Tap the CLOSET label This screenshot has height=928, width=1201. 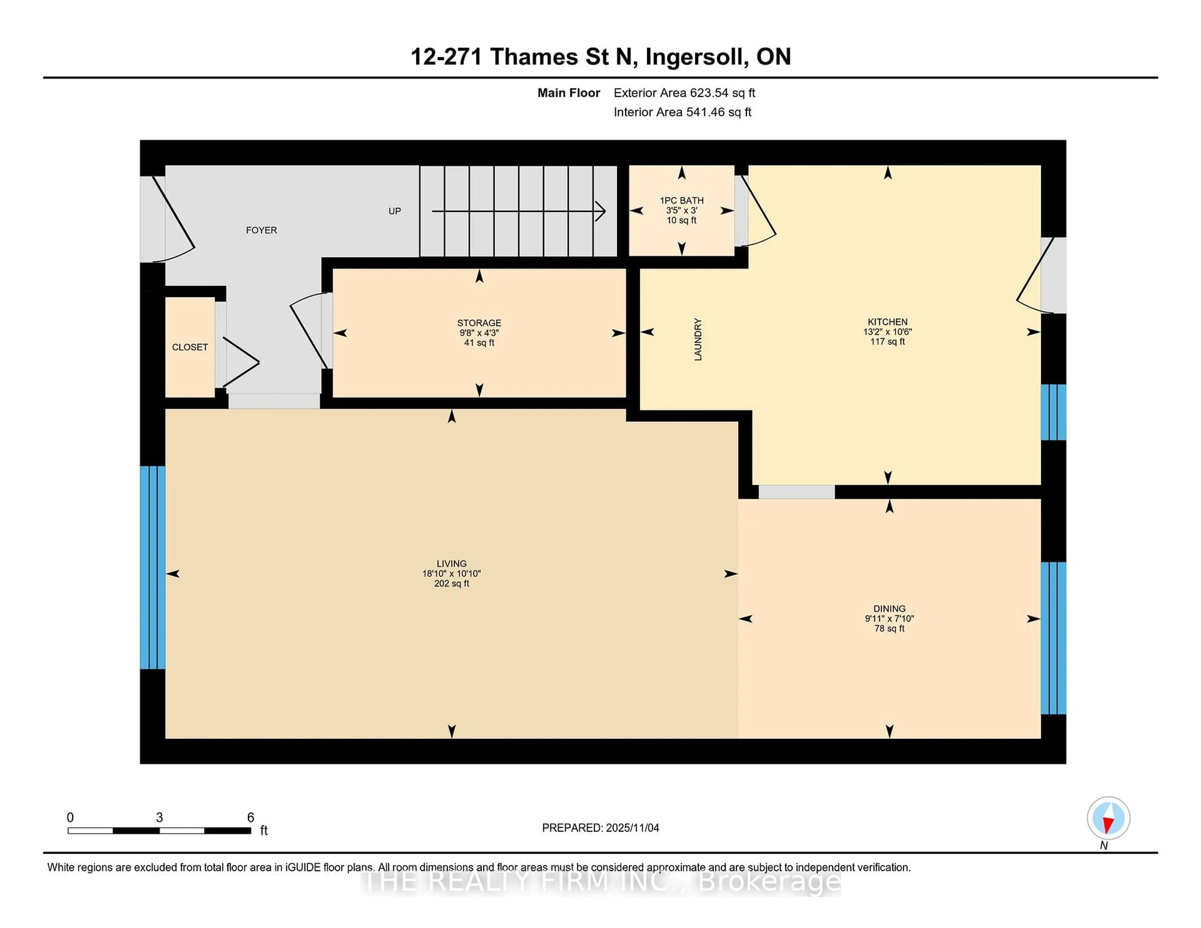190,347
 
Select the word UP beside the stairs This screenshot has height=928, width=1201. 394,211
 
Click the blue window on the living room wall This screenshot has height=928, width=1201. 152,567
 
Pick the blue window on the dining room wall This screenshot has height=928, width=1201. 1053,638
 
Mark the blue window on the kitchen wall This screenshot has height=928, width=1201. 1053,412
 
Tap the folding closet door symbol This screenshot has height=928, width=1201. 240,362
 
